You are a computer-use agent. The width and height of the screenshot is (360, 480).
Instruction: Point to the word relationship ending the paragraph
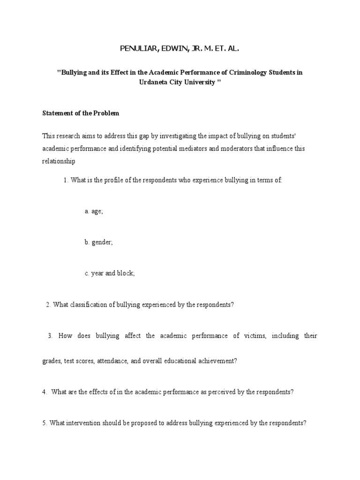[x=59, y=161]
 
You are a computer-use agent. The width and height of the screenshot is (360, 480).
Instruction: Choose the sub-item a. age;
[x=94, y=211]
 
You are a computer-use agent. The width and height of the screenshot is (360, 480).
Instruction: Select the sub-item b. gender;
[x=98, y=242]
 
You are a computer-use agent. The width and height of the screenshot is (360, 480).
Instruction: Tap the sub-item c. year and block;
[x=110, y=273]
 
